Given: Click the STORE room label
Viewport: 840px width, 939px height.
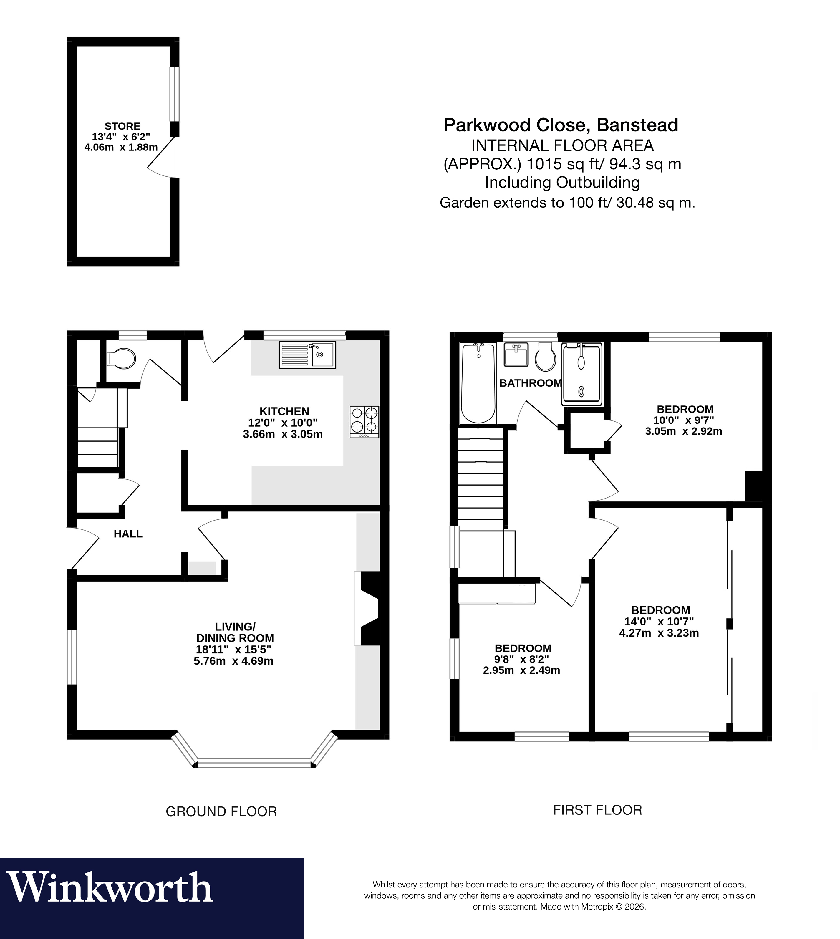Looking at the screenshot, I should pyautogui.click(x=122, y=126).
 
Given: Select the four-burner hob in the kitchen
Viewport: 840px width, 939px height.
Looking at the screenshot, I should pyautogui.click(x=364, y=421).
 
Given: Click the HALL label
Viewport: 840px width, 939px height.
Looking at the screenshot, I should pyautogui.click(x=128, y=534).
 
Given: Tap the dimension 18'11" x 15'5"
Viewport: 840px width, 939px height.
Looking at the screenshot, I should pyautogui.click(x=233, y=650).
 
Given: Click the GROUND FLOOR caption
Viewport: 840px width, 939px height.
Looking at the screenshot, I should pyautogui.click(x=221, y=812).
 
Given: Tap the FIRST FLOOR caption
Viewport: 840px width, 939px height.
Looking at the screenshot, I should pyautogui.click(x=597, y=810).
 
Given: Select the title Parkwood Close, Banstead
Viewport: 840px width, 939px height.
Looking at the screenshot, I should pyautogui.click(x=561, y=125).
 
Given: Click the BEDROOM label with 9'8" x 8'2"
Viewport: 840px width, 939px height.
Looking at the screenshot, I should pyautogui.click(x=523, y=648).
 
